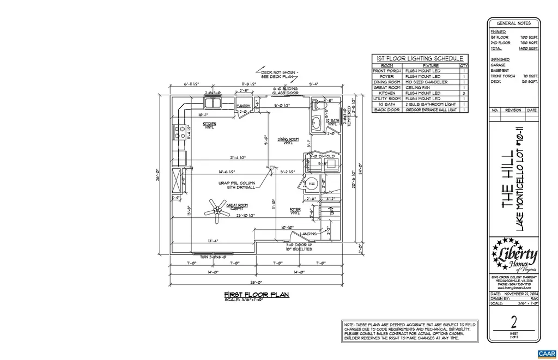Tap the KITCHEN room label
coord(209,125)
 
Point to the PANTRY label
coord(242,106)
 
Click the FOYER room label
coord(295,210)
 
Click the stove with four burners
coord(178,132)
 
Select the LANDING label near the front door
coord(308,234)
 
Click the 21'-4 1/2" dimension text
coord(238,158)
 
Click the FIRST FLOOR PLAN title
coord(257,295)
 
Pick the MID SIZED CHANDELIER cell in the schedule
coord(431,82)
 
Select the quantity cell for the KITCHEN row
coord(464,93)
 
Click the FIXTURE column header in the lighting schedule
coord(430,65)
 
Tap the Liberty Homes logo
coord(514,256)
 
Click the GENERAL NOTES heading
coord(513,23)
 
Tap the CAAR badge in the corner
coord(547,353)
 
